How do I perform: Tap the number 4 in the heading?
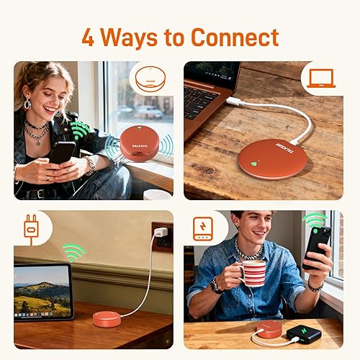pyautogui.click(x=88, y=37)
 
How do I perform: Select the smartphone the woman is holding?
pyautogui.click(x=62, y=152)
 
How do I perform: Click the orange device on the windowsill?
pyautogui.click(x=135, y=143)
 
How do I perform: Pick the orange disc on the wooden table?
pyautogui.click(x=272, y=158)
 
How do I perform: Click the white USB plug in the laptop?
pyautogui.click(x=232, y=102)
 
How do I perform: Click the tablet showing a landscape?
pyautogui.click(x=43, y=291)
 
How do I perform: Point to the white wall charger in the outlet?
pyautogui.click(x=160, y=233)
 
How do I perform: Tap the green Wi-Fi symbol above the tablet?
pyautogui.click(x=73, y=251)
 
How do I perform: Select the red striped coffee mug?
pyautogui.click(x=253, y=273)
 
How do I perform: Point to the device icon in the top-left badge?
pyautogui.click(x=150, y=78)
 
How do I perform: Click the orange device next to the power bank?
pyautogui.click(x=270, y=329)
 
